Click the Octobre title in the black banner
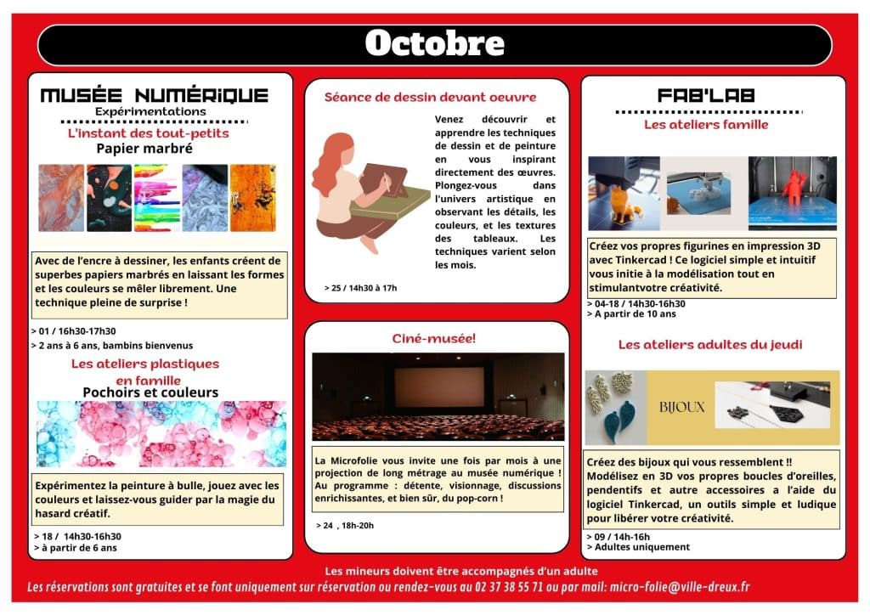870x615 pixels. pyautogui.click(x=434, y=42)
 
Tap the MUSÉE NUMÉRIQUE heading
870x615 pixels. pyautogui.click(x=154, y=95)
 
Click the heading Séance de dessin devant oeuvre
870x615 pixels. pyautogui.click(x=430, y=98)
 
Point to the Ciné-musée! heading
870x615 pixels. pyautogui.click(x=434, y=338)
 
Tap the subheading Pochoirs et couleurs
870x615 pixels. pyautogui.click(x=150, y=392)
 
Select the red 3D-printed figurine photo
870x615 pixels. pyautogui.click(x=792, y=193)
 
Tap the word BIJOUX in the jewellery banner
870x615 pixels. pyautogui.click(x=682, y=407)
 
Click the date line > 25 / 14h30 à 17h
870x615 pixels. pyautogui.click(x=360, y=288)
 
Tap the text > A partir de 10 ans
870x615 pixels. pyautogui.click(x=631, y=314)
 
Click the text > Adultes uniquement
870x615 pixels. pyautogui.click(x=638, y=547)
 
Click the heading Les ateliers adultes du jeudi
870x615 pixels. pyautogui.click(x=710, y=345)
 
